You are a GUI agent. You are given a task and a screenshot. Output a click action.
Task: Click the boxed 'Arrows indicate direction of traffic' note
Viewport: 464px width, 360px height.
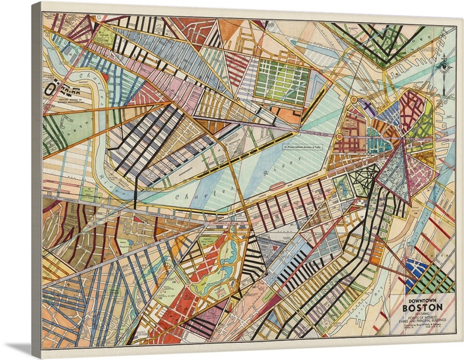coord(302,148)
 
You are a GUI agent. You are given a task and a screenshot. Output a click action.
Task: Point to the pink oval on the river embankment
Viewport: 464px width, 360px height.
coord(277,187)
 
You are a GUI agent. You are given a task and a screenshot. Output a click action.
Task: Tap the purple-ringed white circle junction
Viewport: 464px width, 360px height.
coord(400,126)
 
